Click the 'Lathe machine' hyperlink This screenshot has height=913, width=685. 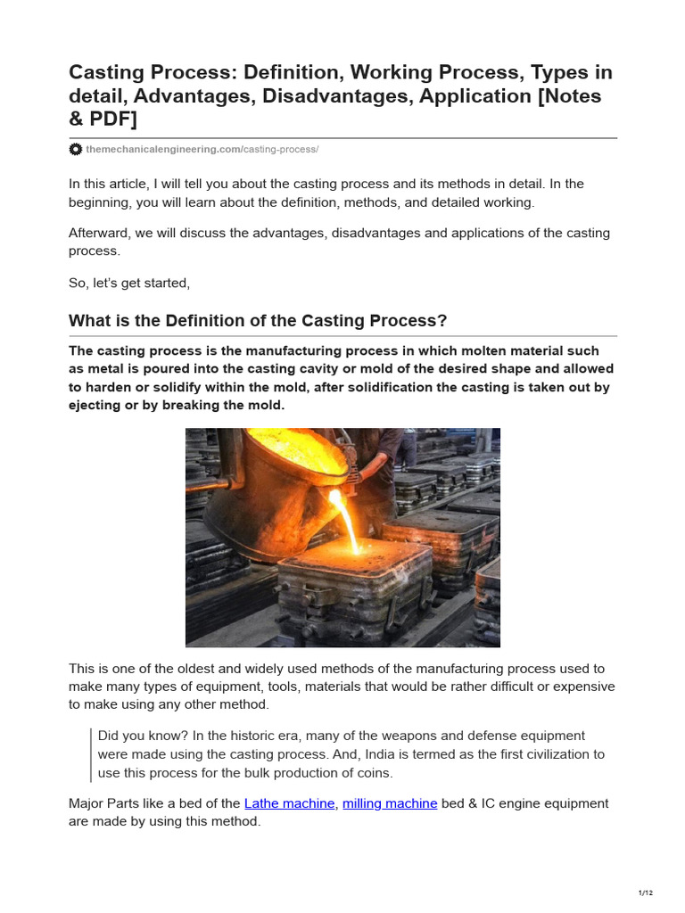(x=289, y=803)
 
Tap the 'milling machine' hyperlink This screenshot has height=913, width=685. (x=390, y=803)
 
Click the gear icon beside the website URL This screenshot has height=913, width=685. (x=76, y=149)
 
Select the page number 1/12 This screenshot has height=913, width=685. (x=646, y=892)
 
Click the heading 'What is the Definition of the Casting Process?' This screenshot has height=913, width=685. (x=258, y=321)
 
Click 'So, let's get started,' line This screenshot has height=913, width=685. (x=129, y=283)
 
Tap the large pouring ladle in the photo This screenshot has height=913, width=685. (x=268, y=481)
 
